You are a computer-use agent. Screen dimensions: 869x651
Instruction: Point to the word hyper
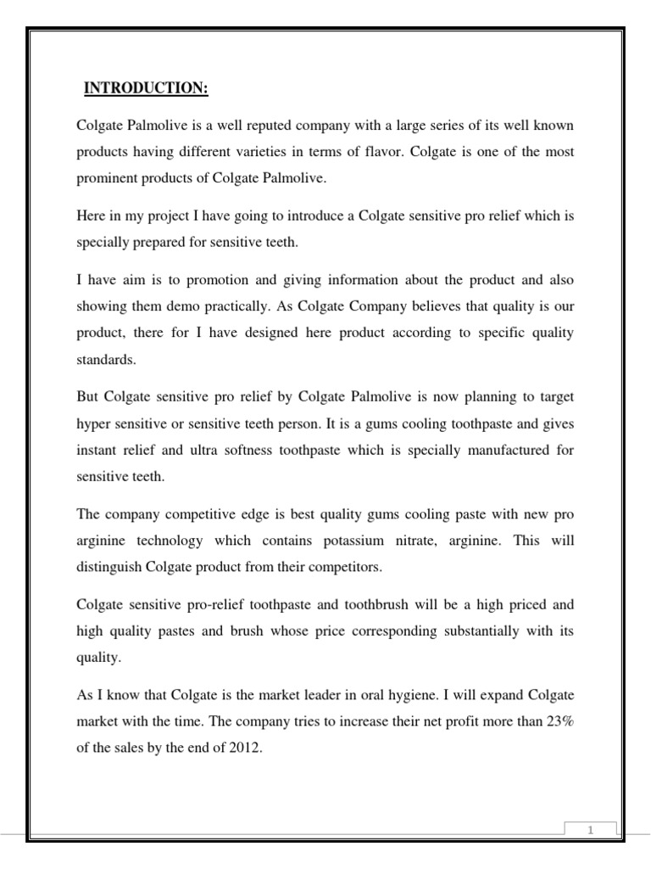pyautogui.click(x=92, y=423)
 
